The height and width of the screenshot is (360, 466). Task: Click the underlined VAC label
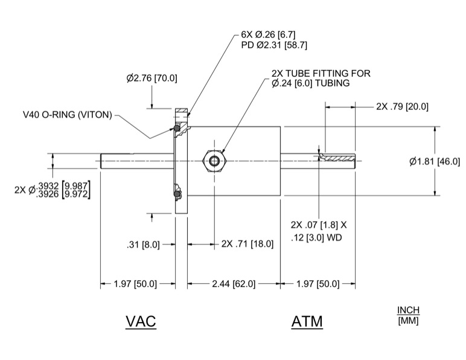click(x=141, y=321)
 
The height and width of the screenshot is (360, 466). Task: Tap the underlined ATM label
click(x=307, y=321)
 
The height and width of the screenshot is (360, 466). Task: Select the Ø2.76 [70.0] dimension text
click(x=152, y=79)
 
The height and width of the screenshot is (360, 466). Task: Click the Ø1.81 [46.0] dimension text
click(x=435, y=161)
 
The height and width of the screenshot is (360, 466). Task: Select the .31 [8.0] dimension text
click(x=143, y=245)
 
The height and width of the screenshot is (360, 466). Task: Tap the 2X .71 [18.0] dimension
click(x=247, y=245)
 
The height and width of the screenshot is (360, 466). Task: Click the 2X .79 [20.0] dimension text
click(x=402, y=106)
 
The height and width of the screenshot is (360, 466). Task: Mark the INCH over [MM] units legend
click(x=408, y=315)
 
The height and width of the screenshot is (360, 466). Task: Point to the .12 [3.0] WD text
click(x=317, y=237)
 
